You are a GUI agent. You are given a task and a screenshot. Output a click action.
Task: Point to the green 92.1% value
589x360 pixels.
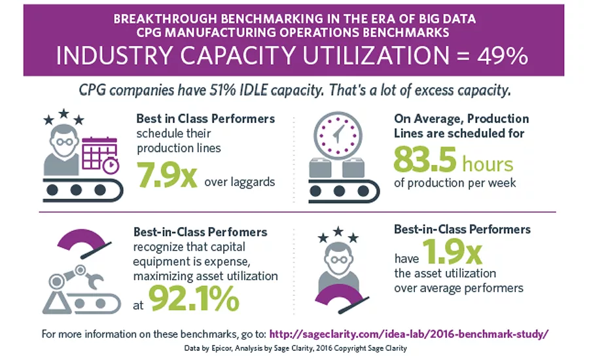[194, 298]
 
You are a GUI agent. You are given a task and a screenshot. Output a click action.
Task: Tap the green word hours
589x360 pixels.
[488, 163]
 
